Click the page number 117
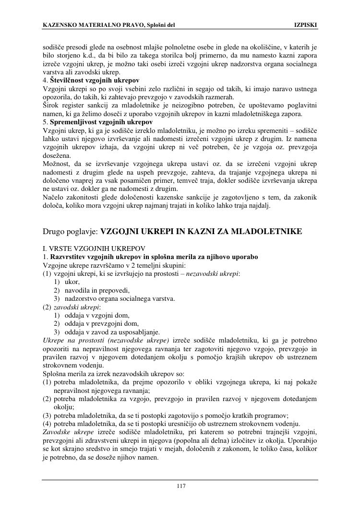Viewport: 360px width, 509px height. [x=180, y=486]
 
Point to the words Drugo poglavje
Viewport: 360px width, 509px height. [x=71, y=232]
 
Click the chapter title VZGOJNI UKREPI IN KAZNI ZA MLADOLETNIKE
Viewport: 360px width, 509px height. [x=201, y=232]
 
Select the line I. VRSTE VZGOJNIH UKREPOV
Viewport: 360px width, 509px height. [x=94, y=249]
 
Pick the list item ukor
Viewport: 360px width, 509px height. [x=72, y=282]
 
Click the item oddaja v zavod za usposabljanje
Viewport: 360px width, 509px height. [x=112, y=331]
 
